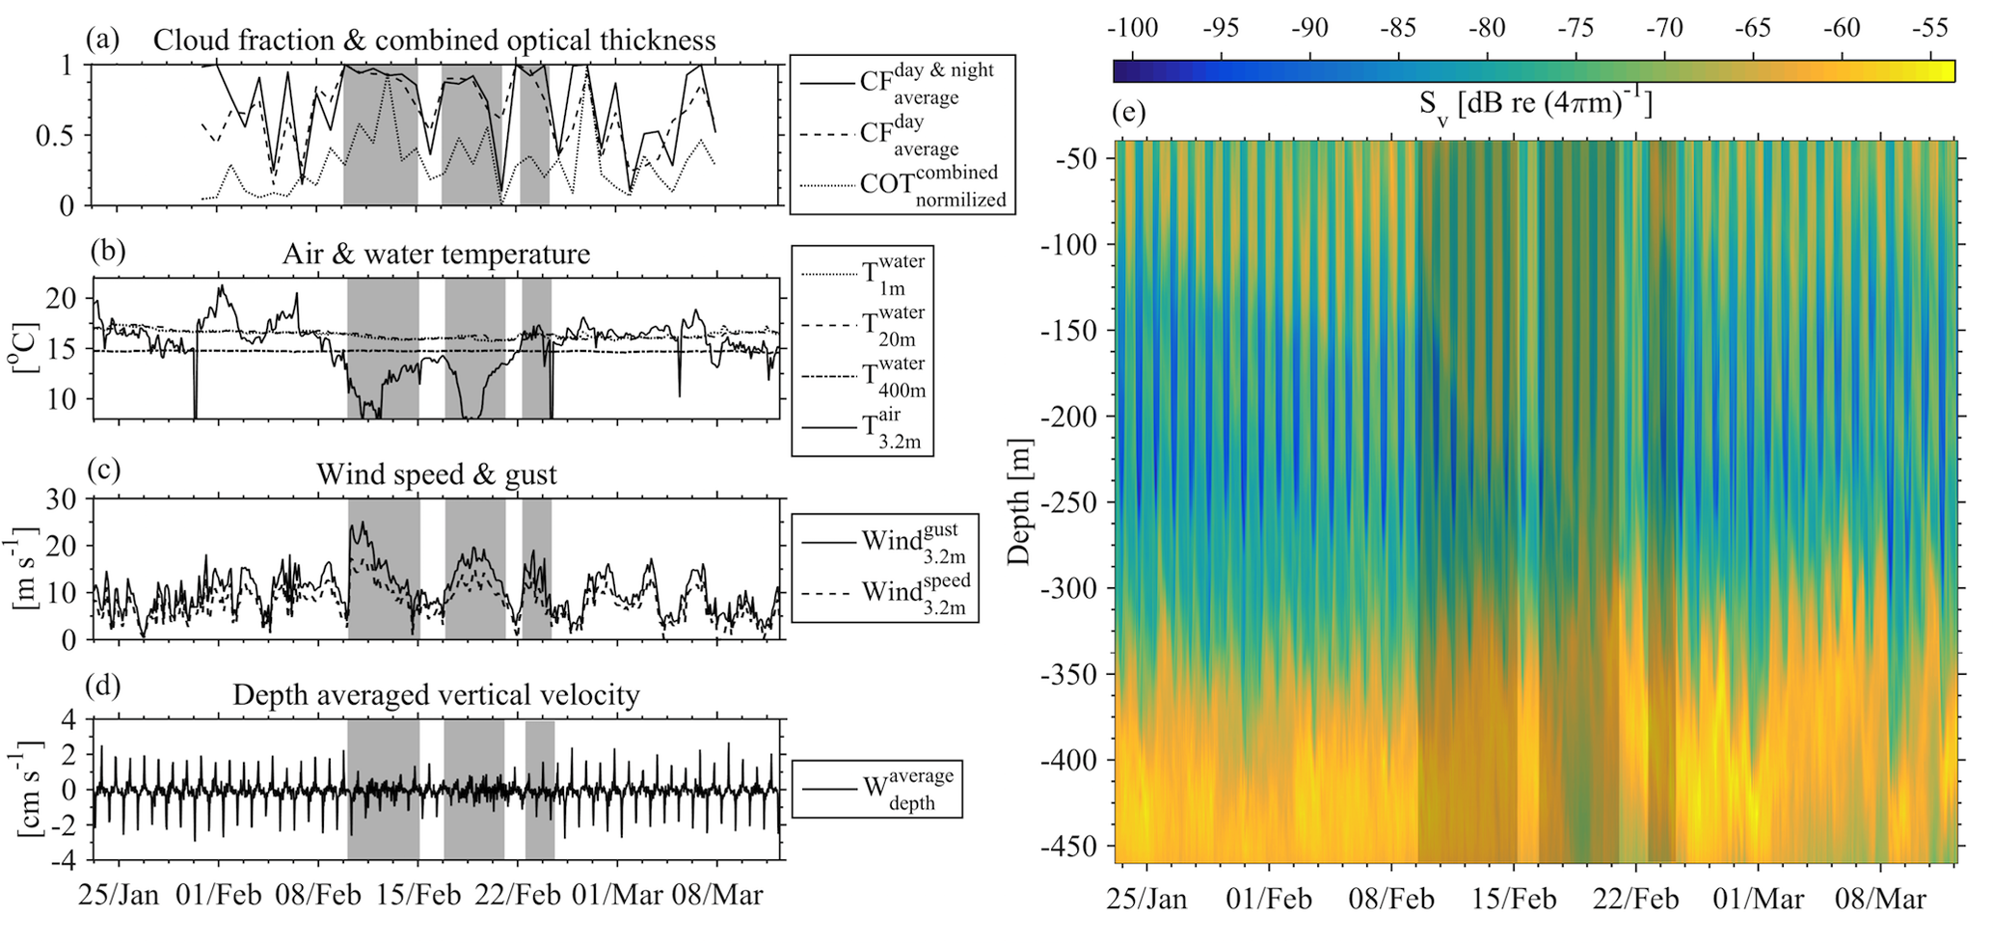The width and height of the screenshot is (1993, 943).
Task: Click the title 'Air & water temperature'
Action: pyautogui.click(x=436, y=255)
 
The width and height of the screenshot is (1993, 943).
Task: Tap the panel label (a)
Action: pyautogui.click(x=103, y=40)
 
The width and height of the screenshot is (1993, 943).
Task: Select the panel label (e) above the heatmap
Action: pyautogui.click(x=1128, y=113)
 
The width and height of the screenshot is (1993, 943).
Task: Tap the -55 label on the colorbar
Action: pyautogui.click(x=1929, y=28)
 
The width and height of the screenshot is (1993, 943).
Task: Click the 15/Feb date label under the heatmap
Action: pyautogui.click(x=1515, y=900)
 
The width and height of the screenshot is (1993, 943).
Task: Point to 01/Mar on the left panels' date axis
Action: pyautogui.click(x=618, y=895)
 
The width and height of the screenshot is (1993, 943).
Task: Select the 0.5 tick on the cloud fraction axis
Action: pyautogui.click(x=54, y=136)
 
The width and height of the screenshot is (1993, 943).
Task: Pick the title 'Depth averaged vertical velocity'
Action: pyautogui.click(x=436, y=695)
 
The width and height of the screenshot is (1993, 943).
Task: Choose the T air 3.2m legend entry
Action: pyautogui.click(x=893, y=429)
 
